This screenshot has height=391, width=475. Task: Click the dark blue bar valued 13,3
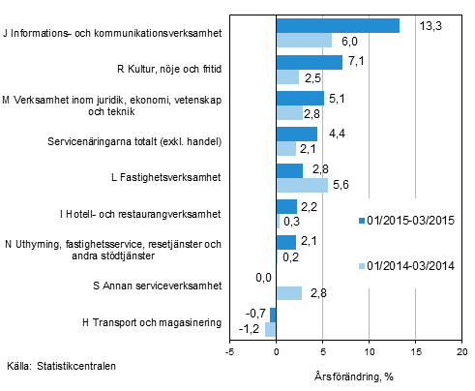pyautogui.click(x=338, y=26)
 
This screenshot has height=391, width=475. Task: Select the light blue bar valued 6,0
pyautogui.click(x=304, y=40)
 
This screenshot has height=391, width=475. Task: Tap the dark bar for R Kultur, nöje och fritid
pyautogui.click(x=309, y=63)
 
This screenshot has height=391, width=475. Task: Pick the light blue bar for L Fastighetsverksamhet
pyautogui.click(x=302, y=185)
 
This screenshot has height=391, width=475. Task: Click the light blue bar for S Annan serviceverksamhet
pyautogui.click(x=289, y=293)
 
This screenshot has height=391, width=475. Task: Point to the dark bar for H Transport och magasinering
pyautogui.click(x=273, y=316)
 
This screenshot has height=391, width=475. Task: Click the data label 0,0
pyautogui.click(x=262, y=279)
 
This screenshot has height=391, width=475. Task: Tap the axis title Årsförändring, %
pyautogui.click(x=352, y=375)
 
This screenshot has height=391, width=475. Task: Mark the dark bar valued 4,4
pyautogui.click(x=296, y=134)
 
